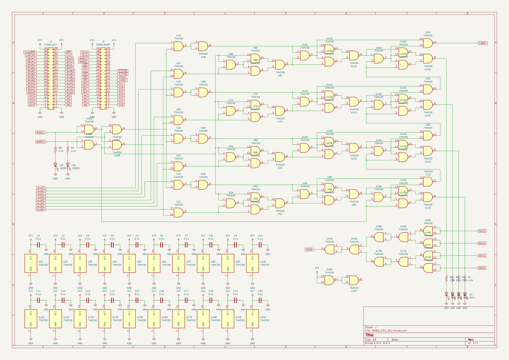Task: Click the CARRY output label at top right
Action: tap(482, 43)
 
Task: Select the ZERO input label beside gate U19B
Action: tap(309, 249)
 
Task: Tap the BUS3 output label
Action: tap(482, 231)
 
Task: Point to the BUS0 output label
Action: tap(482, 268)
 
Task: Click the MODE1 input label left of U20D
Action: tap(40, 132)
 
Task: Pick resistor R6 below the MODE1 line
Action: tap(55, 149)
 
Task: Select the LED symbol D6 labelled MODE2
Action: tap(67, 165)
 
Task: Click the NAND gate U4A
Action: tap(179, 46)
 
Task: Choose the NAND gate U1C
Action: tap(179, 212)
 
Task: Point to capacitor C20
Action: tap(260, 300)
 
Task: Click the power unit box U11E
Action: tap(31, 318)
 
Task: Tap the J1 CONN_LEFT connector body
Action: tap(50, 78)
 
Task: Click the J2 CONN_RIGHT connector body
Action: tap(103, 78)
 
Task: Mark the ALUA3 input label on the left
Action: tap(41, 188)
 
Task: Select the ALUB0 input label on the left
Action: tap(41, 209)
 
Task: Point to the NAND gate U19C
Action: tap(353, 280)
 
